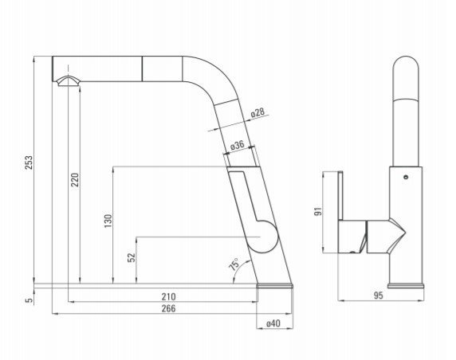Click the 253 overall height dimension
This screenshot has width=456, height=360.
pos(29,162)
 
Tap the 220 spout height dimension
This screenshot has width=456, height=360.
pos(75,180)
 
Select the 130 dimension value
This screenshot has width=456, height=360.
pos(108,221)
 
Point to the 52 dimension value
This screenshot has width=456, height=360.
pos(132,257)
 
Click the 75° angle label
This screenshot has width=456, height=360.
pos(234,264)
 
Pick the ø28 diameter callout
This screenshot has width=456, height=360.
pos(257,112)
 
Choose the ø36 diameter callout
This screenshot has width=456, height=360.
pos(237,145)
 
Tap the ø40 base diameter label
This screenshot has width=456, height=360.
pos(273,323)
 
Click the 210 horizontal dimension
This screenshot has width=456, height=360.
pos(169,296)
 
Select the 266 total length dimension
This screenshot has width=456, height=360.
pos(169,308)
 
